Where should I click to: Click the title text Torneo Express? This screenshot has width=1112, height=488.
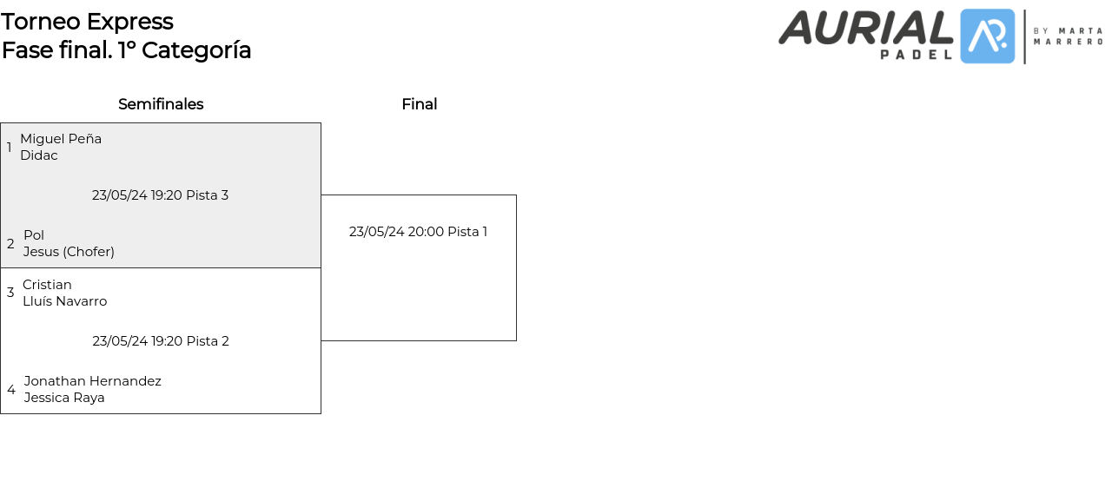click(87, 22)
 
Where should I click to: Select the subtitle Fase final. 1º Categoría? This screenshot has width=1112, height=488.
click(126, 50)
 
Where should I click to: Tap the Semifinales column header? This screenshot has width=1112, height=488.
click(161, 104)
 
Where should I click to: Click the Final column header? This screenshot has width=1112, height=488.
click(419, 104)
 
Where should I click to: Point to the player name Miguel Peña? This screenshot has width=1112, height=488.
click(61, 139)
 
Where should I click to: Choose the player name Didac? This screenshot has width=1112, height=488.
click(39, 155)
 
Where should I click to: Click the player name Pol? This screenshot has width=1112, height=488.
click(34, 235)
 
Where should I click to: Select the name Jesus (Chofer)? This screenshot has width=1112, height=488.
click(69, 252)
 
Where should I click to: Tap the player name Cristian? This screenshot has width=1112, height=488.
click(47, 285)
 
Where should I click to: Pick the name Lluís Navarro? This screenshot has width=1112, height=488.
click(64, 301)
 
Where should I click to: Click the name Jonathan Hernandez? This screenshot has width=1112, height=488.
click(93, 381)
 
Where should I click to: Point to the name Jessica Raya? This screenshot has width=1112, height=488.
click(64, 398)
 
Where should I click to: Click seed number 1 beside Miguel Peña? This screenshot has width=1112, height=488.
click(10, 148)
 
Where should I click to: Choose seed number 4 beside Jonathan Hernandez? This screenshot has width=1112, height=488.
click(11, 390)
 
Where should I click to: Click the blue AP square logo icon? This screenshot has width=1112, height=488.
click(987, 36)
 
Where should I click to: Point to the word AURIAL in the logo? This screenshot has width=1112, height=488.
click(865, 28)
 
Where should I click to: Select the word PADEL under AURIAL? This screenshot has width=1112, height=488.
click(917, 55)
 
